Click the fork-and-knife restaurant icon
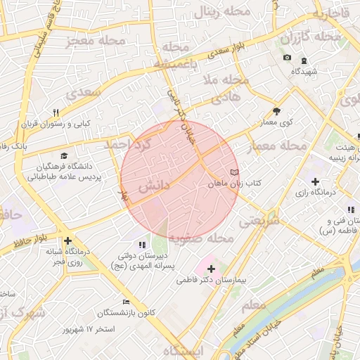(x=56, y=112)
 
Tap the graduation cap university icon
(x=64, y=156)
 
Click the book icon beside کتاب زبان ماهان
(x=234, y=172)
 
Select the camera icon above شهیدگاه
(x=287, y=58)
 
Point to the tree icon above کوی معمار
(x=276, y=110)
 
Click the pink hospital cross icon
(x=211, y=269)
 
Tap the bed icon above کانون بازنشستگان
(x=126, y=302)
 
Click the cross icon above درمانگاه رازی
(x=315, y=181)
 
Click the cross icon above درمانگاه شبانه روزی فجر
(x=67, y=241)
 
